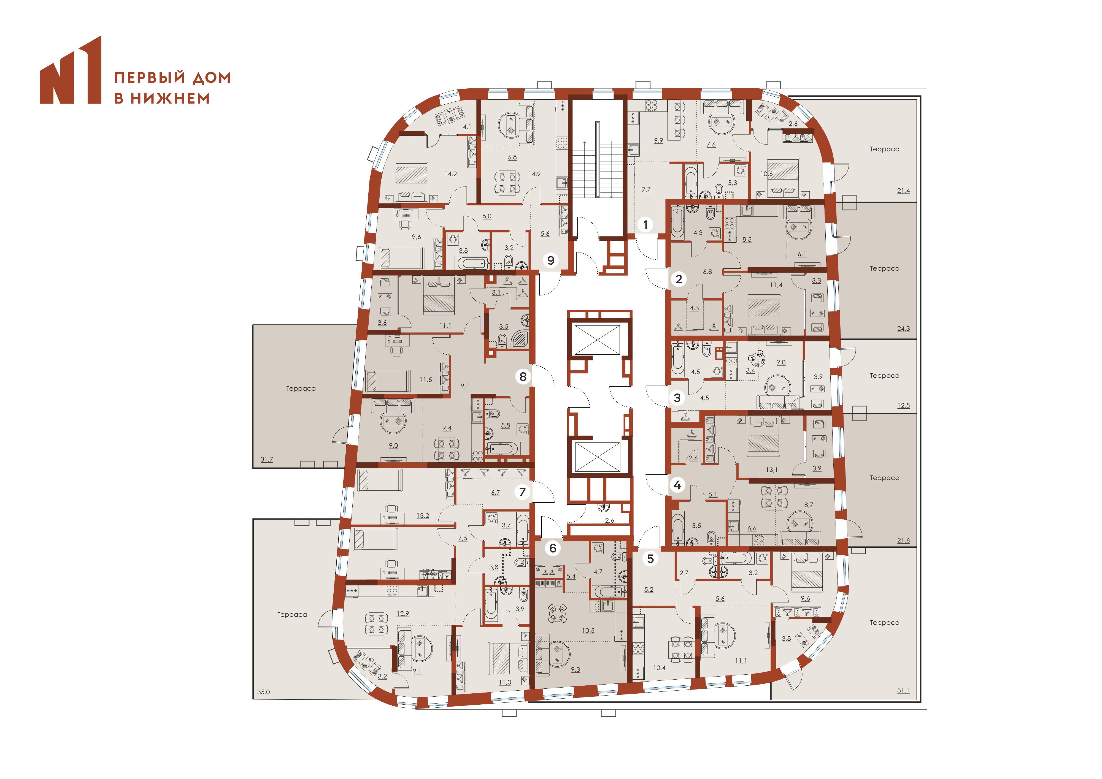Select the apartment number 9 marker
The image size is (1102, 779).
(551, 260)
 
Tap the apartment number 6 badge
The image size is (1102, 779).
(553, 548)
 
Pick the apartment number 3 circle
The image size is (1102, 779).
(677, 398)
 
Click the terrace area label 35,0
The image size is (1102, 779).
(263, 692)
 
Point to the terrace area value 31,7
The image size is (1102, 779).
(267, 460)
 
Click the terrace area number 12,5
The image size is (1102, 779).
(903, 405)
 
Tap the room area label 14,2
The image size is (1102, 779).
(451, 174)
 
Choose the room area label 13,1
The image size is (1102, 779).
(772, 470)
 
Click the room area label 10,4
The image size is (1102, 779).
(660, 668)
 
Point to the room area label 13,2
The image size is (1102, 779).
(423, 516)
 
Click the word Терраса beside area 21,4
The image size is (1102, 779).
(885, 149)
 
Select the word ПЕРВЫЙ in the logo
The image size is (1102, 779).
(150, 78)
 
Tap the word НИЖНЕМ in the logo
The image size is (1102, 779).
(170, 98)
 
